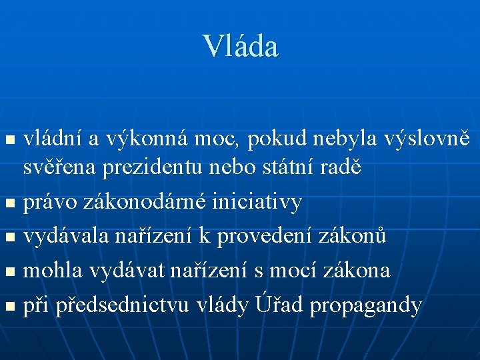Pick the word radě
(341, 167)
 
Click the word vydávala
(67, 237)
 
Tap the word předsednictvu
(124, 305)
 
